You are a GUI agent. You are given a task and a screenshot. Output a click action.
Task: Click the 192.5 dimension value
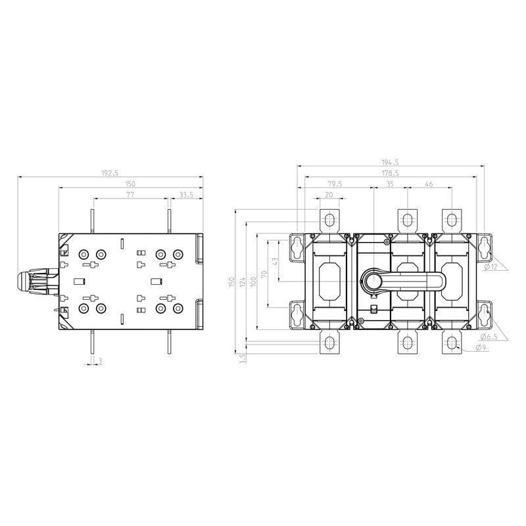tap(110, 173)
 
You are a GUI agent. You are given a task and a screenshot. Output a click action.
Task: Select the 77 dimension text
tap(130, 194)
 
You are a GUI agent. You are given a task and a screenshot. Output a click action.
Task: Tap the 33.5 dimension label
tap(186, 195)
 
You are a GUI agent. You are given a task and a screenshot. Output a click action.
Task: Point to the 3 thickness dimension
tap(100, 361)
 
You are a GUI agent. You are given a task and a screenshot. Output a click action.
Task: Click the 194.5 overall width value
tap(390, 162)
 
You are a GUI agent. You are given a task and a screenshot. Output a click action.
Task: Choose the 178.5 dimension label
tap(390, 173)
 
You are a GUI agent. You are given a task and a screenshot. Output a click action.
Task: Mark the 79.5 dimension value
tap(335, 184)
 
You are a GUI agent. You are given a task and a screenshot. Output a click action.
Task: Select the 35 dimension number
tap(390, 184)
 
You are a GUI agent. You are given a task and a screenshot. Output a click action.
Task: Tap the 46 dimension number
tap(429, 184)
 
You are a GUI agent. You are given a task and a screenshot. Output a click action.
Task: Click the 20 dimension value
tap(329, 195)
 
